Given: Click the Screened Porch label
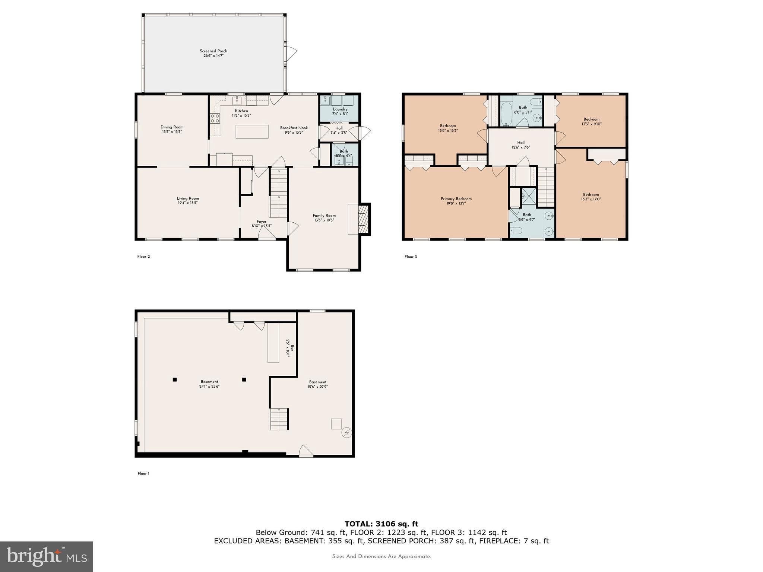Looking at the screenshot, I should pos(213,51).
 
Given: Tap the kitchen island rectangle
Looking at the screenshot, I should pos(252,131).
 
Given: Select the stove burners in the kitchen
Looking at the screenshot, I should pos(215,118).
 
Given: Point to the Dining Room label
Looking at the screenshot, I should pos(172,127).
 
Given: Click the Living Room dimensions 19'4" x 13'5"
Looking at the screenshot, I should pos(187,203).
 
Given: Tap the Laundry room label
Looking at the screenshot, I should pos(340,109).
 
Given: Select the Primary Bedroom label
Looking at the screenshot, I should pos(456,198).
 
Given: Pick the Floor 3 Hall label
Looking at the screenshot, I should pos(520,142).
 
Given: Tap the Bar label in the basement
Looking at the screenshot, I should pos(292,348).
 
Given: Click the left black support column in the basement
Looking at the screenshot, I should pos(174,379).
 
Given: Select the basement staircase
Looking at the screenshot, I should pos(279,419).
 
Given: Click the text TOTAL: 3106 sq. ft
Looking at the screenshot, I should pos(381,524).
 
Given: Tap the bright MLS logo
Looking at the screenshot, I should pos(46,556).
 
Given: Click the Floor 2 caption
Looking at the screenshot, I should pos(143,257).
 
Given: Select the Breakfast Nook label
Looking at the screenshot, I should pos(294,128).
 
